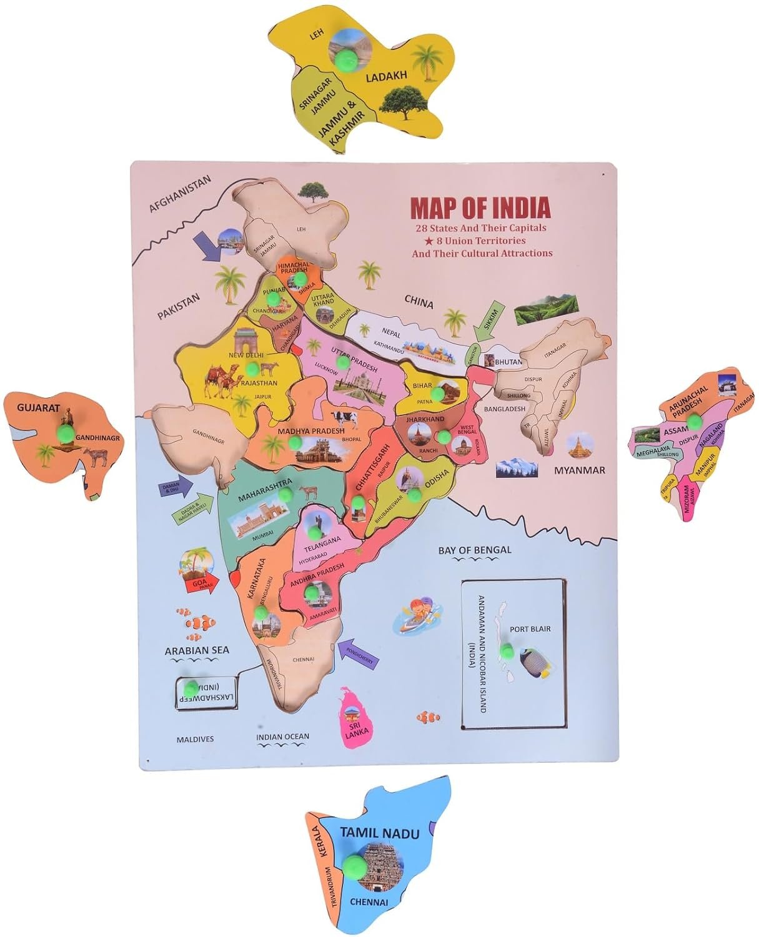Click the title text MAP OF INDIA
[x=480, y=207]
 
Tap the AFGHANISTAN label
[x=180, y=194]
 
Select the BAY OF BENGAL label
[x=475, y=550]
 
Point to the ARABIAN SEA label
[x=197, y=650]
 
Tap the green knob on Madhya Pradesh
[x=295, y=442]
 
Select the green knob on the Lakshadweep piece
[x=191, y=688]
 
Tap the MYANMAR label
[x=580, y=470]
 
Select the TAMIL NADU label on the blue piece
[x=380, y=833]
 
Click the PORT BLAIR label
[x=530, y=628]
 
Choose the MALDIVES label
[x=195, y=739]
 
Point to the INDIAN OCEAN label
[x=282, y=736]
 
